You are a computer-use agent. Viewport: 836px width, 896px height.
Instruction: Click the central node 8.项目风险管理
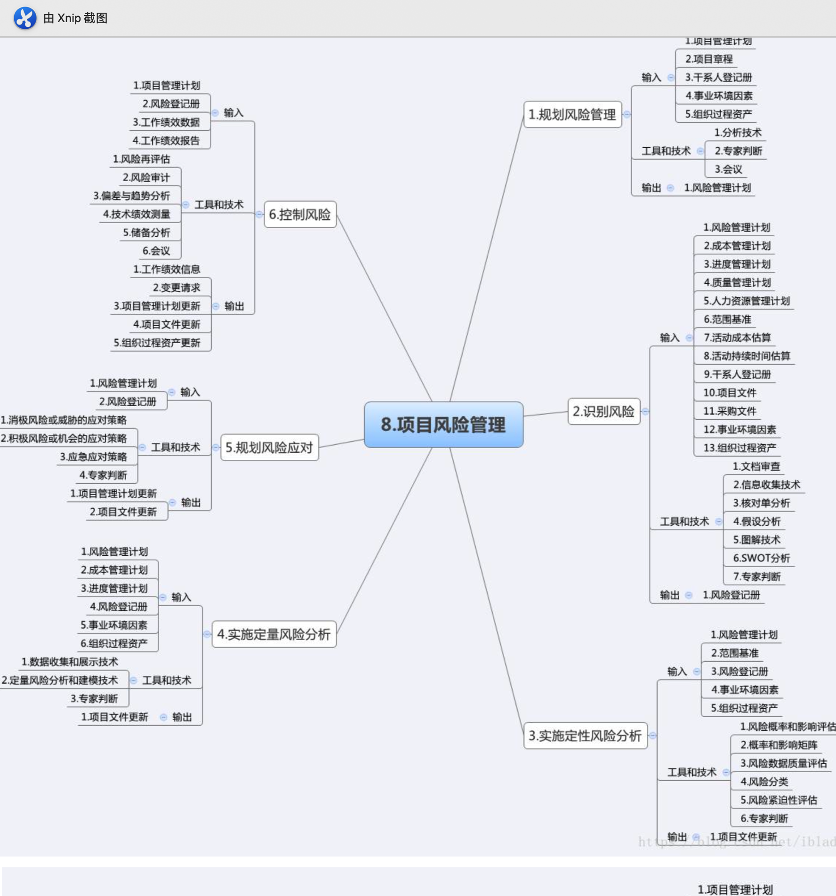tap(443, 424)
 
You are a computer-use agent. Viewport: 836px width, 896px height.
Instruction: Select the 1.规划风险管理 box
tap(572, 114)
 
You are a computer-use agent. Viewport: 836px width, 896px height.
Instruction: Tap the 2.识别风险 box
tap(603, 412)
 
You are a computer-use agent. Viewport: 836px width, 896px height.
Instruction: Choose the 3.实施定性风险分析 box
tap(585, 736)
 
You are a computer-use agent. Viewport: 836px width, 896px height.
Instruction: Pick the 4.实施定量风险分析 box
tap(274, 634)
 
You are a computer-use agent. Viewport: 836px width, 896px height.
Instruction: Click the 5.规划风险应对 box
tap(269, 448)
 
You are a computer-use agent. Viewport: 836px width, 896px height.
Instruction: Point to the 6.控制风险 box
tap(300, 215)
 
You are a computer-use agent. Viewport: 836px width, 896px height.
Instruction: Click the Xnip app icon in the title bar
tap(25, 18)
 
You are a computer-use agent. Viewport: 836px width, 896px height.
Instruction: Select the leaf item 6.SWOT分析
tap(761, 558)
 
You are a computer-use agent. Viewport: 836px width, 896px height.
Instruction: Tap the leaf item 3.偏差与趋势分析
tap(131, 196)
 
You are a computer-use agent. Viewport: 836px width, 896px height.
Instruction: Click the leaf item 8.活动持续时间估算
tap(747, 356)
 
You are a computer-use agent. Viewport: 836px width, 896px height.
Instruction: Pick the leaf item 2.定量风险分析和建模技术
tap(60, 680)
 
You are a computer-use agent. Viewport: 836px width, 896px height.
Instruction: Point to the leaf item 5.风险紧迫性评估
tap(779, 800)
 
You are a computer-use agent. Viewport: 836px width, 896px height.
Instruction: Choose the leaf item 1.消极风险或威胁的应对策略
tap(64, 420)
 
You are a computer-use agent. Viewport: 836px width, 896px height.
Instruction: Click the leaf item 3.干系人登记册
tap(718, 77)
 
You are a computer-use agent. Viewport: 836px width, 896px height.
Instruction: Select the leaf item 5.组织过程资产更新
tap(157, 343)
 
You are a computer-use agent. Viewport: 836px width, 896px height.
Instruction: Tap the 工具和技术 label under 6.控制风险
tap(219, 205)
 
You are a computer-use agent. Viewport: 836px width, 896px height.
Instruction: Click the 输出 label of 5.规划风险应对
tap(191, 503)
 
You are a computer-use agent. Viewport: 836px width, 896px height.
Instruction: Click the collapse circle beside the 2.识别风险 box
tap(645, 412)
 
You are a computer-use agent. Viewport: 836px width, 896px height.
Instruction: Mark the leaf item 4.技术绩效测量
tap(137, 214)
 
